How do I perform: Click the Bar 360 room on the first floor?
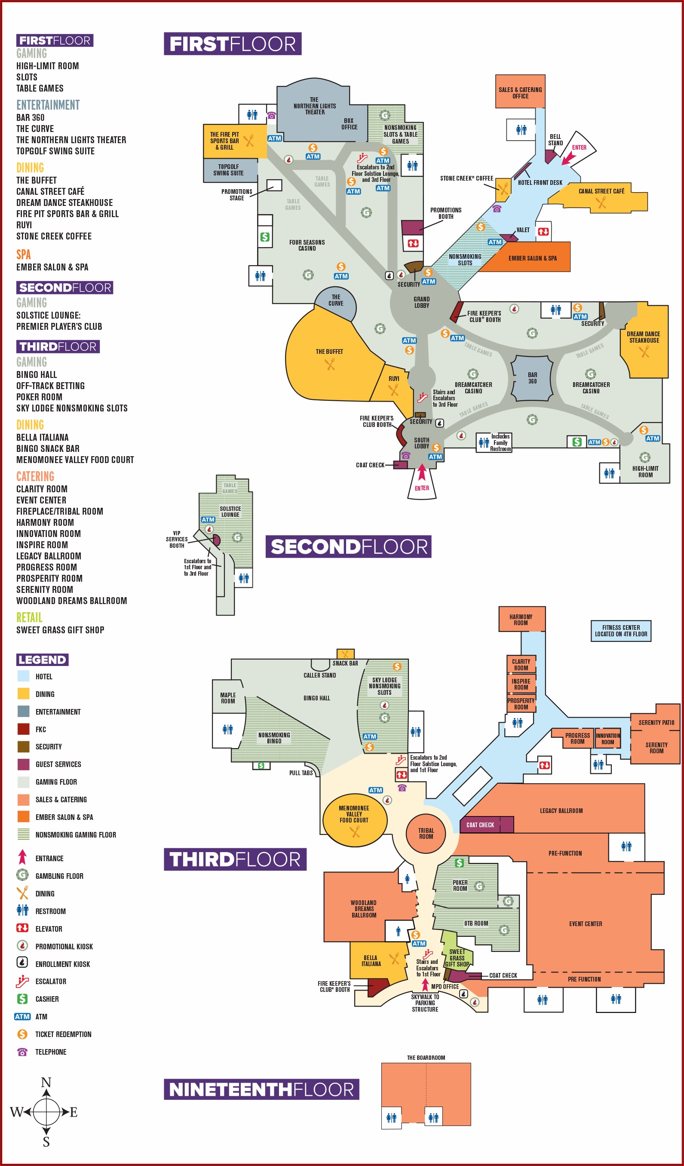click(532, 378)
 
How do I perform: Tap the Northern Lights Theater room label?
click(314, 106)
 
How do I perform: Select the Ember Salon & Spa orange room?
click(532, 258)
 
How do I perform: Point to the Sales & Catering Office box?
click(520, 92)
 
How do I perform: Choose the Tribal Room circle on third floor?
click(426, 833)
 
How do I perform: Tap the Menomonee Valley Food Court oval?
click(354, 819)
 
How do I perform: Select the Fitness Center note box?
click(621, 631)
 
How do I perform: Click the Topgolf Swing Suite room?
click(229, 170)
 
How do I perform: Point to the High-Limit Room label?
click(645, 472)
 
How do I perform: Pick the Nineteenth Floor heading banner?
click(261, 1089)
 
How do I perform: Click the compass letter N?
click(46, 1082)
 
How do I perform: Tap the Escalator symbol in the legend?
click(22, 982)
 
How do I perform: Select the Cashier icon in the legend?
click(22, 999)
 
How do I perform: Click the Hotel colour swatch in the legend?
click(23, 676)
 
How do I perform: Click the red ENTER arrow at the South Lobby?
click(422, 473)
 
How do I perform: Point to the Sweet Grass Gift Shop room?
click(457, 957)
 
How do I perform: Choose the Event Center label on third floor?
click(586, 924)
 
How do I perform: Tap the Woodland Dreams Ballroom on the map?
click(364, 909)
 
